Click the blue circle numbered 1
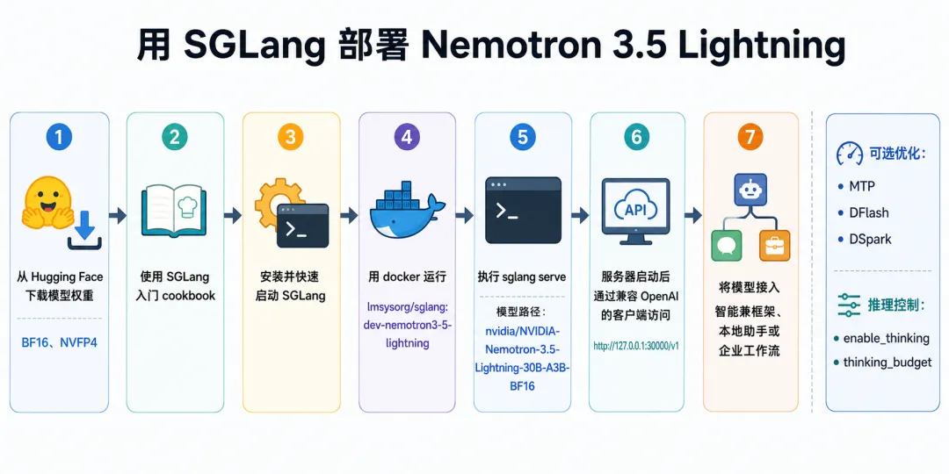point(59,137)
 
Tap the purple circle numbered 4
point(407,137)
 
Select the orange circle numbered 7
point(750,137)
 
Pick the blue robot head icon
point(750,189)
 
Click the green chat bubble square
point(726,246)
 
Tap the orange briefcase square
point(775,246)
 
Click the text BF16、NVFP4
point(60,343)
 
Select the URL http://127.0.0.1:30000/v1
point(636,346)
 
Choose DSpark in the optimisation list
point(864,240)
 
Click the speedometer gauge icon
point(850,154)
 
